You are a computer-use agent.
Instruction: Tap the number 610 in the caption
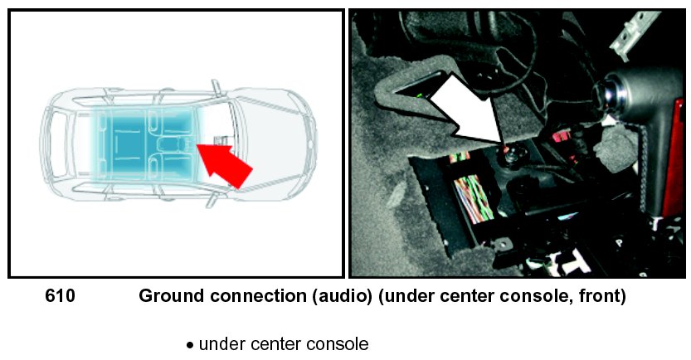[x=60, y=296]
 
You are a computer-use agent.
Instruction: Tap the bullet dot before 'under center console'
[x=190, y=344]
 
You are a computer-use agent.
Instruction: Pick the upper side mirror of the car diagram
[x=217, y=84]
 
